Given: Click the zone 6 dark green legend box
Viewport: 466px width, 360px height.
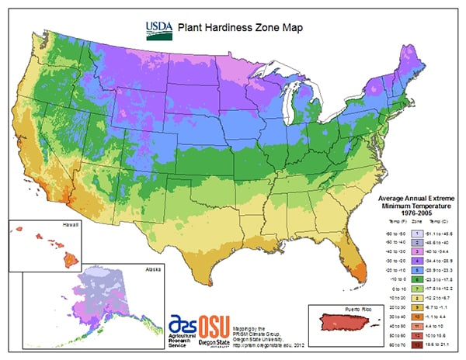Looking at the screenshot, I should tap(416, 275).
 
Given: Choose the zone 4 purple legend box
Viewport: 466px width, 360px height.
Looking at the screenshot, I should tap(416, 254).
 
